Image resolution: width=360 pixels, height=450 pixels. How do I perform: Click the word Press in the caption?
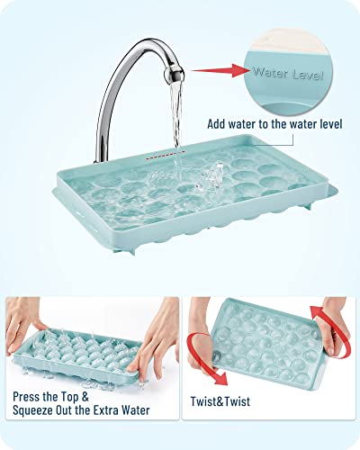tap(31, 392)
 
